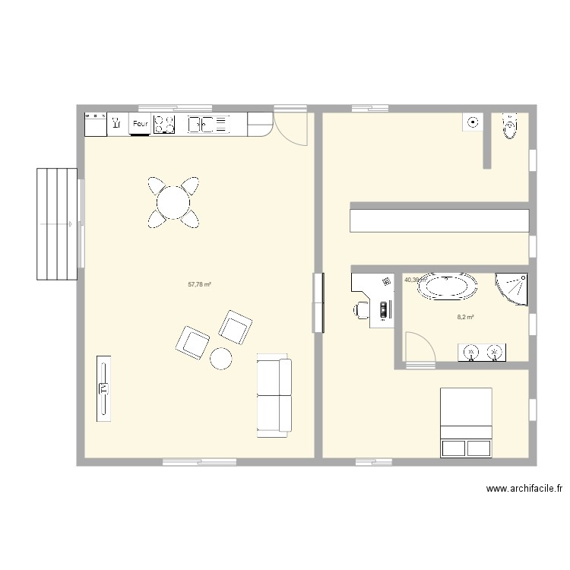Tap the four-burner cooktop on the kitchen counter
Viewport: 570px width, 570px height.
point(165,124)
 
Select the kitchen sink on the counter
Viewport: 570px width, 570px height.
point(208,123)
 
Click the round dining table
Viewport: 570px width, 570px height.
point(174,202)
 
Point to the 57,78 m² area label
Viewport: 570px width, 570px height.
point(199,285)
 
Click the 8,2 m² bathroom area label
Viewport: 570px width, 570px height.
point(465,318)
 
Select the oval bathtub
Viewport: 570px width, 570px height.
point(448,287)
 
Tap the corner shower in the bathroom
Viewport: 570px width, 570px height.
point(511,288)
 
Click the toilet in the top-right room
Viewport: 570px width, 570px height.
point(510,127)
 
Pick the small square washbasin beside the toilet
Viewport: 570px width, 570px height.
point(473,122)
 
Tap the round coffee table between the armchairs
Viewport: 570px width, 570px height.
point(221,357)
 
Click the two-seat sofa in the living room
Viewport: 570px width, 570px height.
point(274,395)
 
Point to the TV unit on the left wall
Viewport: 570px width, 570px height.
point(103,388)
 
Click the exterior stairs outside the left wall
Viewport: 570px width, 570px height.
point(57,224)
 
